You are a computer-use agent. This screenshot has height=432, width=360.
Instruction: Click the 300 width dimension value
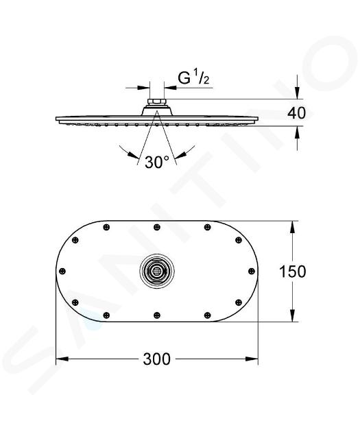(157, 359)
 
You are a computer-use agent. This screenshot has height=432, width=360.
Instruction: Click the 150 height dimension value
(293, 272)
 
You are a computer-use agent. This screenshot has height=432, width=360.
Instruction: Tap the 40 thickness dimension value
(297, 113)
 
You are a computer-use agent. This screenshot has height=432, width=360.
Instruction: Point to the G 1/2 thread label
(193, 78)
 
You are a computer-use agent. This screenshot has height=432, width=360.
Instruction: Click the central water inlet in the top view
(157, 271)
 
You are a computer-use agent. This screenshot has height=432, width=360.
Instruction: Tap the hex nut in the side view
(156, 101)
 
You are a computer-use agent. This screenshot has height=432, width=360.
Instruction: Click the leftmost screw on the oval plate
(62, 271)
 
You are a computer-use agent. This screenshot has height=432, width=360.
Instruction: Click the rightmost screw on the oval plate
(252, 271)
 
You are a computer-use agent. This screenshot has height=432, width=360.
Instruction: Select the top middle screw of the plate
(157, 227)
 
